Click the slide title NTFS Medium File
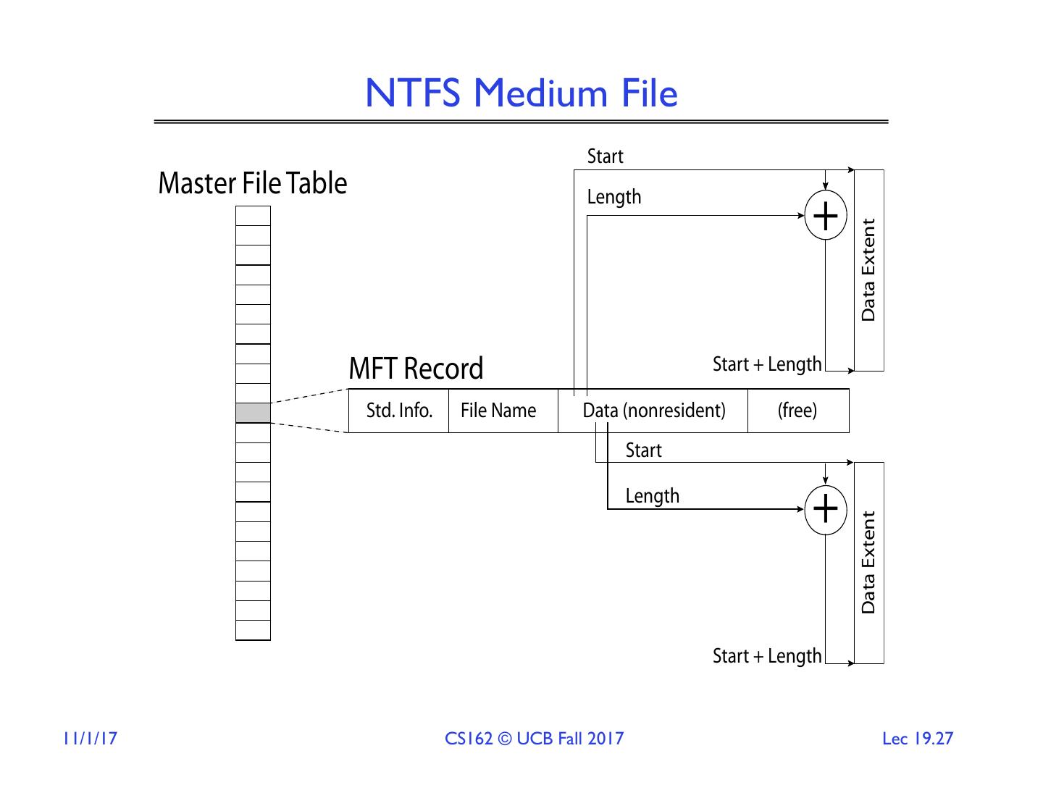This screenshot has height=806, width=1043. (x=521, y=93)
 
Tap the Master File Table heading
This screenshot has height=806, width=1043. (x=252, y=183)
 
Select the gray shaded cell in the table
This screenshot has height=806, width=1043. (x=253, y=413)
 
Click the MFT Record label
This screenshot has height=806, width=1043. (x=416, y=369)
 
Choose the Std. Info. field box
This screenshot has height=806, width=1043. (x=398, y=411)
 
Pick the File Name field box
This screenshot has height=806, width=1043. (x=498, y=411)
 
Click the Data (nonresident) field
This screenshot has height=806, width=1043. (x=653, y=411)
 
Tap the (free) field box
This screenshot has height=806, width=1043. (x=797, y=411)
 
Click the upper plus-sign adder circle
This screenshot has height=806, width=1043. (x=826, y=215)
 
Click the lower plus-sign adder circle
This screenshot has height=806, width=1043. (x=826, y=509)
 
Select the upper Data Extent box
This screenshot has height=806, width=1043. (x=869, y=270)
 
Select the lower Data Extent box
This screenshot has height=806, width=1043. (x=869, y=563)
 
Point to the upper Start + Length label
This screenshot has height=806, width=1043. (x=767, y=364)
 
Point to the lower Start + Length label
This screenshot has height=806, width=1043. (x=767, y=656)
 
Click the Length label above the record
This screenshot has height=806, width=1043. (x=613, y=197)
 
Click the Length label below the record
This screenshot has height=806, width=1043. (x=652, y=496)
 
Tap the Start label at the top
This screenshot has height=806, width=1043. (x=605, y=156)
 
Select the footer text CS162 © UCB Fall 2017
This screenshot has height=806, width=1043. (x=534, y=739)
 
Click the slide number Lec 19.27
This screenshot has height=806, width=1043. (x=917, y=739)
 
